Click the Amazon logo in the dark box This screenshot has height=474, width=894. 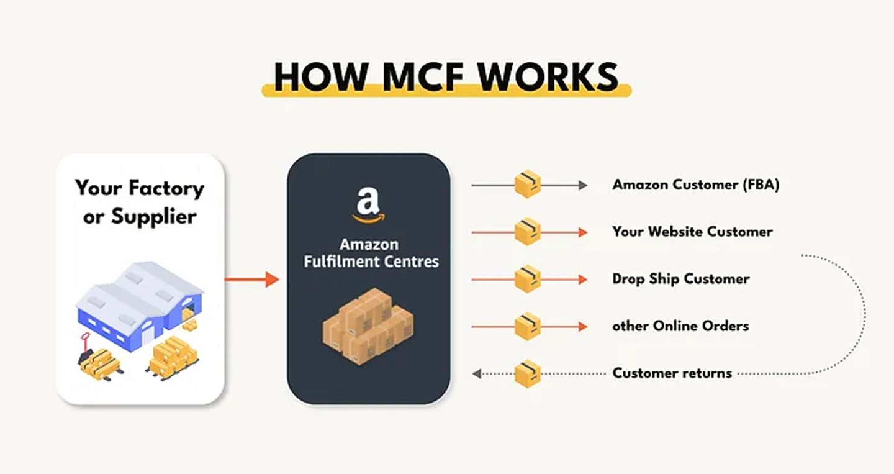point(368,205)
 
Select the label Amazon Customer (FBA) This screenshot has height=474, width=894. point(695,185)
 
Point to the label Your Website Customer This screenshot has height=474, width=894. point(692,232)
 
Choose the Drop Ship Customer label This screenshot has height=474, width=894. point(680,279)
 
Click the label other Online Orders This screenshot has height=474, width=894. point(680,326)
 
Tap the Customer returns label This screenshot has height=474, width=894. point(672,373)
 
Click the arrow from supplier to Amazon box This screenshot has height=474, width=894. point(252,280)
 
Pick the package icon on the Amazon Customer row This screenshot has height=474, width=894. point(528,185)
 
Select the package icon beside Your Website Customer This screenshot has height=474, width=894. point(528,232)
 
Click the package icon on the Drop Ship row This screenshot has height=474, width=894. point(528,279)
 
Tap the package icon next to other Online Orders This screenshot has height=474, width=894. point(528,326)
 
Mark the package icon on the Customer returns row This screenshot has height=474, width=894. point(528,373)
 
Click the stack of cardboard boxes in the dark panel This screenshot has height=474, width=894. point(368,326)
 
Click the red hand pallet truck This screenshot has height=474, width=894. point(87,351)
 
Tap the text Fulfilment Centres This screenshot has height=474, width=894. point(371,261)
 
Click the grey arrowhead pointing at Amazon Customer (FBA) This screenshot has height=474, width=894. point(582,185)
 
